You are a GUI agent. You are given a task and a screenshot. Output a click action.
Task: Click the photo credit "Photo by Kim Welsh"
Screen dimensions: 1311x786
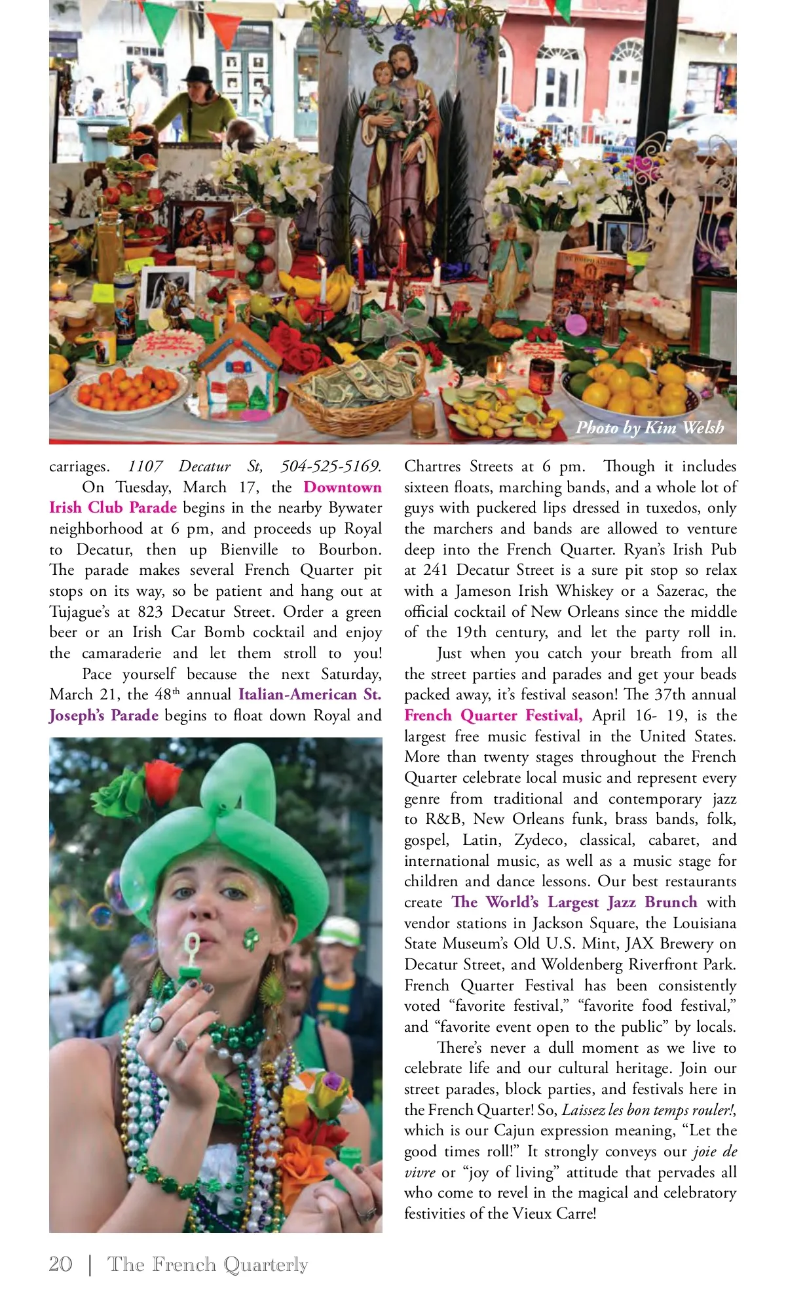(x=650, y=428)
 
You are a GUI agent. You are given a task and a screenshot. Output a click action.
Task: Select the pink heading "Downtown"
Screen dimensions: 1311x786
(x=342, y=487)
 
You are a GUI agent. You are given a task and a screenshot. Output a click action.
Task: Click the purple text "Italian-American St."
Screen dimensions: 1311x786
(x=310, y=694)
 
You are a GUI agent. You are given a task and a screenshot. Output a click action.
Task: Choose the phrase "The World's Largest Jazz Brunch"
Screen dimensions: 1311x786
(x=574, y=902)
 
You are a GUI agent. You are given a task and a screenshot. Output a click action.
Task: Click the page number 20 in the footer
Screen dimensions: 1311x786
(x=60, y=1264)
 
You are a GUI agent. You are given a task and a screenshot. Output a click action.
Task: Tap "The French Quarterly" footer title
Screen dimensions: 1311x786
(x=208, y=1264)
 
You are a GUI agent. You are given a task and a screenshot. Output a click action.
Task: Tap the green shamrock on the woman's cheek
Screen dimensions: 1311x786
(x=251, y=939)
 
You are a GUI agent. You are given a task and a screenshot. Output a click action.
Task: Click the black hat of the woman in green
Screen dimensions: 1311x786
(x=196, y=73)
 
